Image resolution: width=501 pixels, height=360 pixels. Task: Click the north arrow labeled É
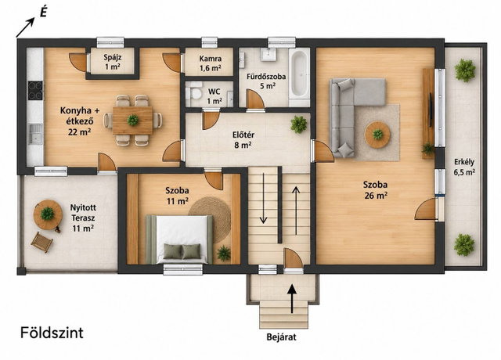click(x=25, y=27)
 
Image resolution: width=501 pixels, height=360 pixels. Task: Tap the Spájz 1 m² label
click(x=113, y=62)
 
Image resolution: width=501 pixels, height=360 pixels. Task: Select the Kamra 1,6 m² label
click(x=211, y=63)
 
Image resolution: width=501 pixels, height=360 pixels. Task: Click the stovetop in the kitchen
click(x=35, y=91)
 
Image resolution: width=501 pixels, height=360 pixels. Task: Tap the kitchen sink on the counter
click(x=34, y=134)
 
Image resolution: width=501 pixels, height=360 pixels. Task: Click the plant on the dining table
click(x=132, y=120)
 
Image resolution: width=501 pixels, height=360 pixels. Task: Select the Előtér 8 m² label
click(x=243, y=140)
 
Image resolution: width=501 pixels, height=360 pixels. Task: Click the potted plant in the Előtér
click(x=299, y=124)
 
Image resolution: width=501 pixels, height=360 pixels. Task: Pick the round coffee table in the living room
click(x=377, y=135)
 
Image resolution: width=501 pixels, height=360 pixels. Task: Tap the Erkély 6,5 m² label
click(x=464, y=167)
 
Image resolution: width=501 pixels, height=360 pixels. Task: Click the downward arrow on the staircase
click(x=263, y=198)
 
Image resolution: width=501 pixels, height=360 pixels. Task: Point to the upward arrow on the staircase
click(x=296, y=211)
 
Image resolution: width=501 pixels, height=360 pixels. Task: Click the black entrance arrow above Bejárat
click(x=292, y=299)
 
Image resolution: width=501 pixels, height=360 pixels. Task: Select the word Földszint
click(x=52, y=333)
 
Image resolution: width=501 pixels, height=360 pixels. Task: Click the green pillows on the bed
click(x=182, y=251)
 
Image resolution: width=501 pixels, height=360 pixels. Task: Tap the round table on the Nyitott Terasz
click(x=48, y=214)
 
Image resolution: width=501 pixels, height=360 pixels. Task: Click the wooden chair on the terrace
click(x=41, y=242)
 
